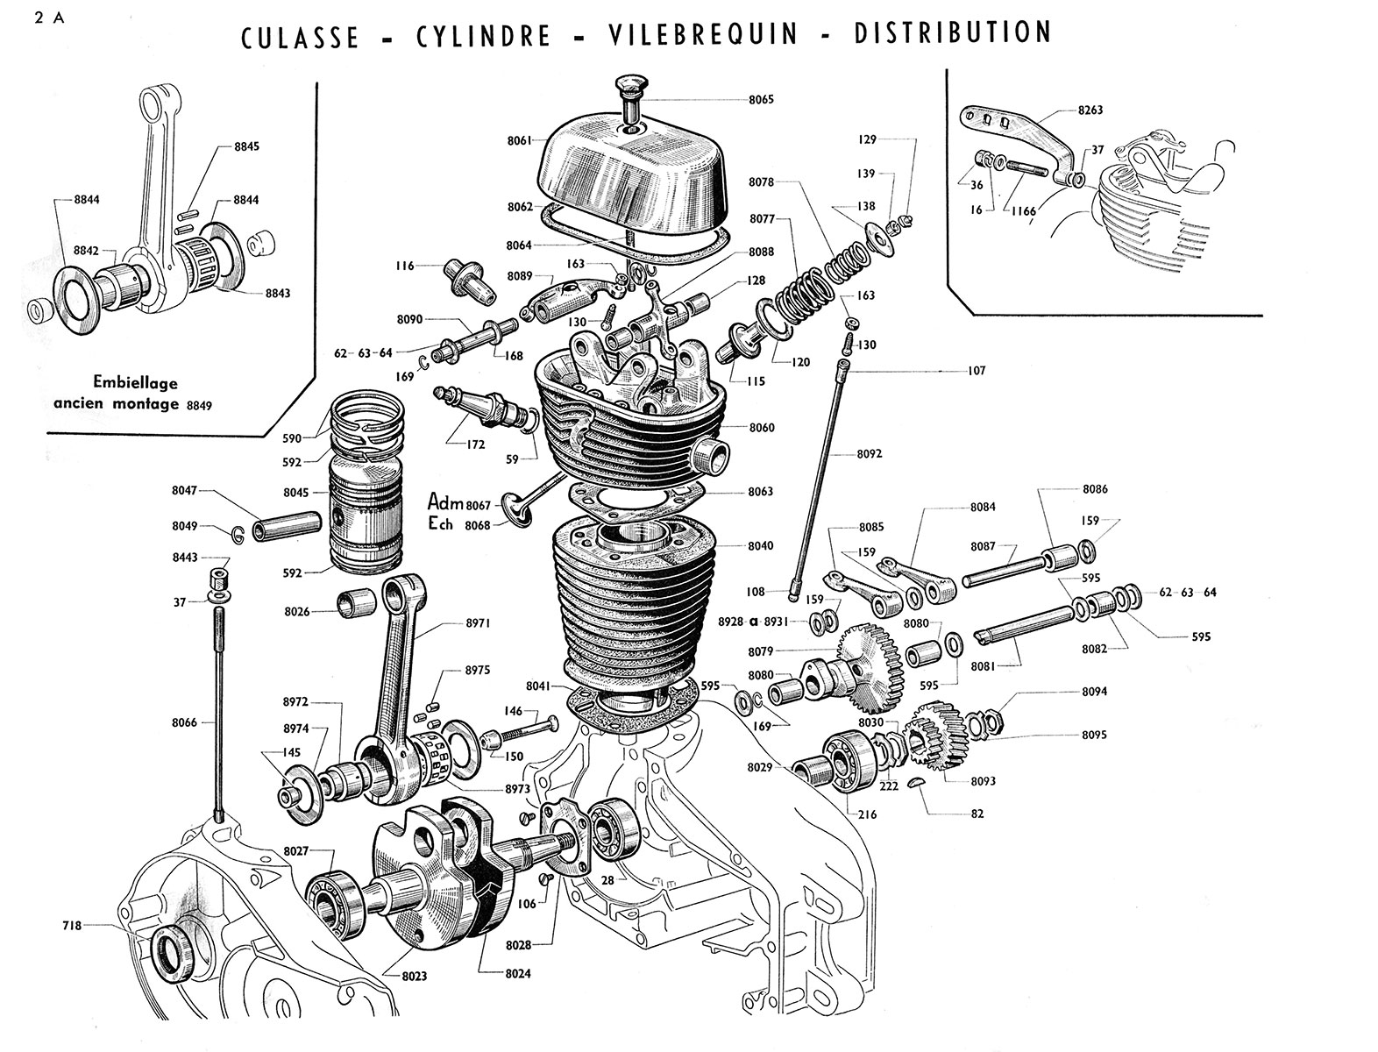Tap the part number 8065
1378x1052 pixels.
[761, 100]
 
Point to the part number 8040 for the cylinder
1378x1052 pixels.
[760, 545]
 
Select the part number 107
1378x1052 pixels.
[976, 371]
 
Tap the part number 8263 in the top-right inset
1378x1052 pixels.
[1090, 110]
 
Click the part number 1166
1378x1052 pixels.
[1022, 211]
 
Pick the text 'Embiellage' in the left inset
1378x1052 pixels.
[135, 383]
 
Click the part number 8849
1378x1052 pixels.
[200, 405]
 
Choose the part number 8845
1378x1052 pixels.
[247, 146]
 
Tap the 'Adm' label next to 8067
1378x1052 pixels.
[444, 501]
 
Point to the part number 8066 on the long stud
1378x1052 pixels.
[185, 722]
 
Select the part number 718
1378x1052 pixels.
[73, 924]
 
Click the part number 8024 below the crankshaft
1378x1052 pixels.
[517, 972]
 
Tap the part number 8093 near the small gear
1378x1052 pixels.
[984, 780]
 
